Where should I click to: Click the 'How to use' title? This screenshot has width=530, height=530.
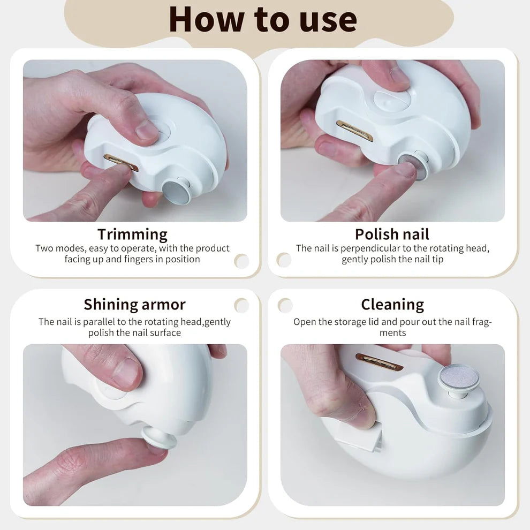point(262,20)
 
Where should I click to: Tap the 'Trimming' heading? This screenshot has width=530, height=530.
point(132,234)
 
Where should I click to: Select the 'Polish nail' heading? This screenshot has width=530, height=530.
point(392,234)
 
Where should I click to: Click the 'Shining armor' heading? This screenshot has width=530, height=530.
point(134,305)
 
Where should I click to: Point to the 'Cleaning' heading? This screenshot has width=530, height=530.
point(392,305)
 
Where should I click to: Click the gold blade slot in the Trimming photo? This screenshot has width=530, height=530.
point(120,162)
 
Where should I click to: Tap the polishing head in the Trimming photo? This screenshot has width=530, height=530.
point(176,190)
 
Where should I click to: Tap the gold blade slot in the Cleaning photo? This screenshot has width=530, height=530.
point(379,362)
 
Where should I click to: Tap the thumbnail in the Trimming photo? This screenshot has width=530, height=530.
point(146,130)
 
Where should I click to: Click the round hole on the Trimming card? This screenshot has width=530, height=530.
point(242,261)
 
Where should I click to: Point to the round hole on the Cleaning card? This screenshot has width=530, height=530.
point(285,306)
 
